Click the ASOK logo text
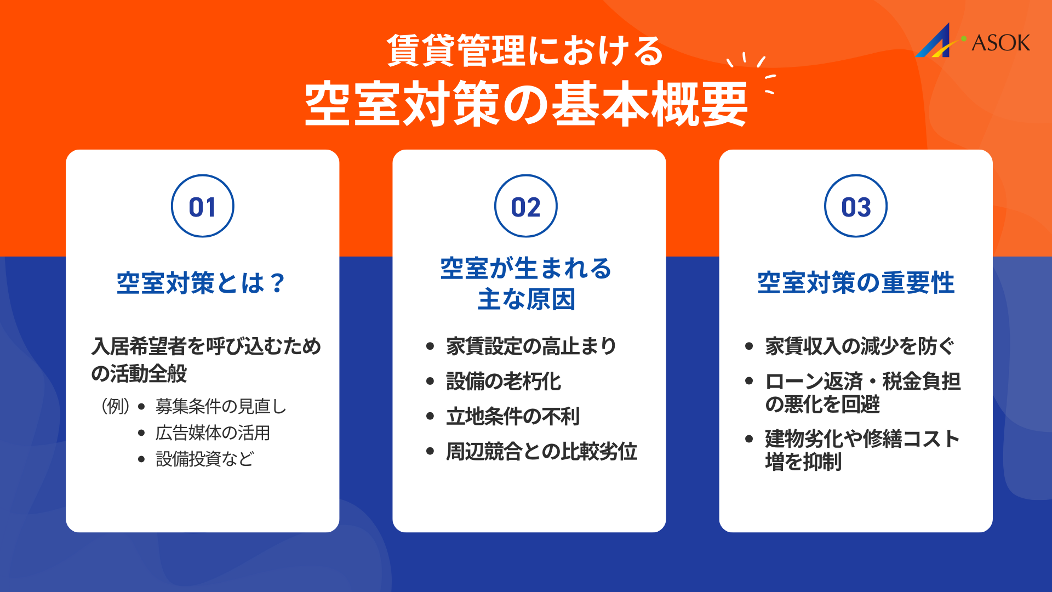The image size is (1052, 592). pos(1000,43)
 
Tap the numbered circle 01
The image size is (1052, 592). pos(202,206)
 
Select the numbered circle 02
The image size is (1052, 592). pos(525,206)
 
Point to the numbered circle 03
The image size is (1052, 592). pos(855,206)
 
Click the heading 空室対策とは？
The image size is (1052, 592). pos(201,283)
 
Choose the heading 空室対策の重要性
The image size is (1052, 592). pos(855,283)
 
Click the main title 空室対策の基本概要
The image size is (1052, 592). pos(526,104)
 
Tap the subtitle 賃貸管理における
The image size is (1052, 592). pos(525,51)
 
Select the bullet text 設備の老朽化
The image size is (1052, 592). pos(503,382)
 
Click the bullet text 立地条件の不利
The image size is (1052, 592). pos(512,417)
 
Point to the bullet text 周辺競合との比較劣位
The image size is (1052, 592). pos(541,452)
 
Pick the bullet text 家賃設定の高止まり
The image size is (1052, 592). pos(531,346)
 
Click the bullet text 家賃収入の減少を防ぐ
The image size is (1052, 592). pos(859,346)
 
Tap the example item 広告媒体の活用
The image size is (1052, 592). pos(213,433)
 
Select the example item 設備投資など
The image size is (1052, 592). pos(204,459)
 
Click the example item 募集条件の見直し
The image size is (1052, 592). pos(221,407)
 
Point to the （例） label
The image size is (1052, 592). pos(115,407)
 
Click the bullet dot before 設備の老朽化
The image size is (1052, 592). pos(430,382)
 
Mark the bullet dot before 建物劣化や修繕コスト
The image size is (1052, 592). pos(749,439)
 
